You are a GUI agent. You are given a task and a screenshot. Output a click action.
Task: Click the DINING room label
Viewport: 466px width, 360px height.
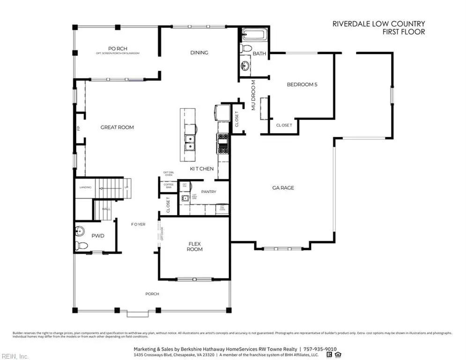coord(199,52)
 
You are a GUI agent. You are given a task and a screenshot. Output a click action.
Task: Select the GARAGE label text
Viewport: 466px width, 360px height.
coord(283,187)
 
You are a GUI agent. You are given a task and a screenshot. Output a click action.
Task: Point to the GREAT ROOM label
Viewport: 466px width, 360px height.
coord(117,127)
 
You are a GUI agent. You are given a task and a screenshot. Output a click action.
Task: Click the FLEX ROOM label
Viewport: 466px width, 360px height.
coord(195,247)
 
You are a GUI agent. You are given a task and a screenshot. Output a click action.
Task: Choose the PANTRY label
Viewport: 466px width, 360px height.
coord(208,192)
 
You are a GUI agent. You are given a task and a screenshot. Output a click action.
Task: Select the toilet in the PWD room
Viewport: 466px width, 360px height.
coord(82,245)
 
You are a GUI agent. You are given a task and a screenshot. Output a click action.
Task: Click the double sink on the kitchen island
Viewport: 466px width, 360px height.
coord(190,142)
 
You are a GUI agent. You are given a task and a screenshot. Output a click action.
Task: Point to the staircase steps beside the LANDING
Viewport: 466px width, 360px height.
coord(112,187)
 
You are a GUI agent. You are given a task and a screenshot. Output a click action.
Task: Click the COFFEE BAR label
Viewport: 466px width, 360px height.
coord(168,186)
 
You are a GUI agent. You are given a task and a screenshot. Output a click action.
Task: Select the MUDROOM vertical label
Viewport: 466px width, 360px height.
coord(253,95)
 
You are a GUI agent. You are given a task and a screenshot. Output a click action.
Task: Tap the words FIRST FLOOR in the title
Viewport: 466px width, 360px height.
coord(403,32)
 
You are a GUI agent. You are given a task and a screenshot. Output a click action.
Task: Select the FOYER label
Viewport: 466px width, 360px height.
coord(138,224)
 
